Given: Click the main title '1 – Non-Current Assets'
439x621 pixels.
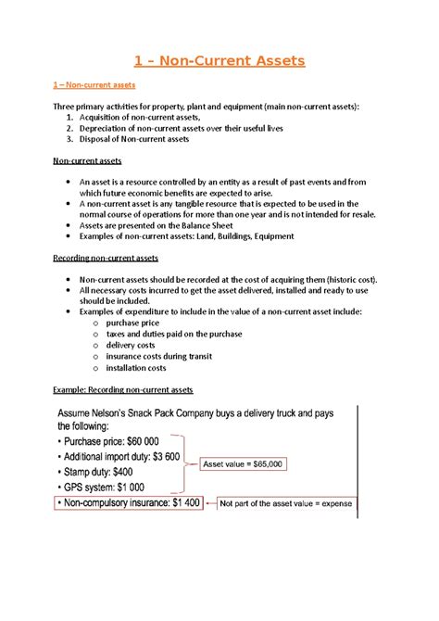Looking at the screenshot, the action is (x=219, y=62).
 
